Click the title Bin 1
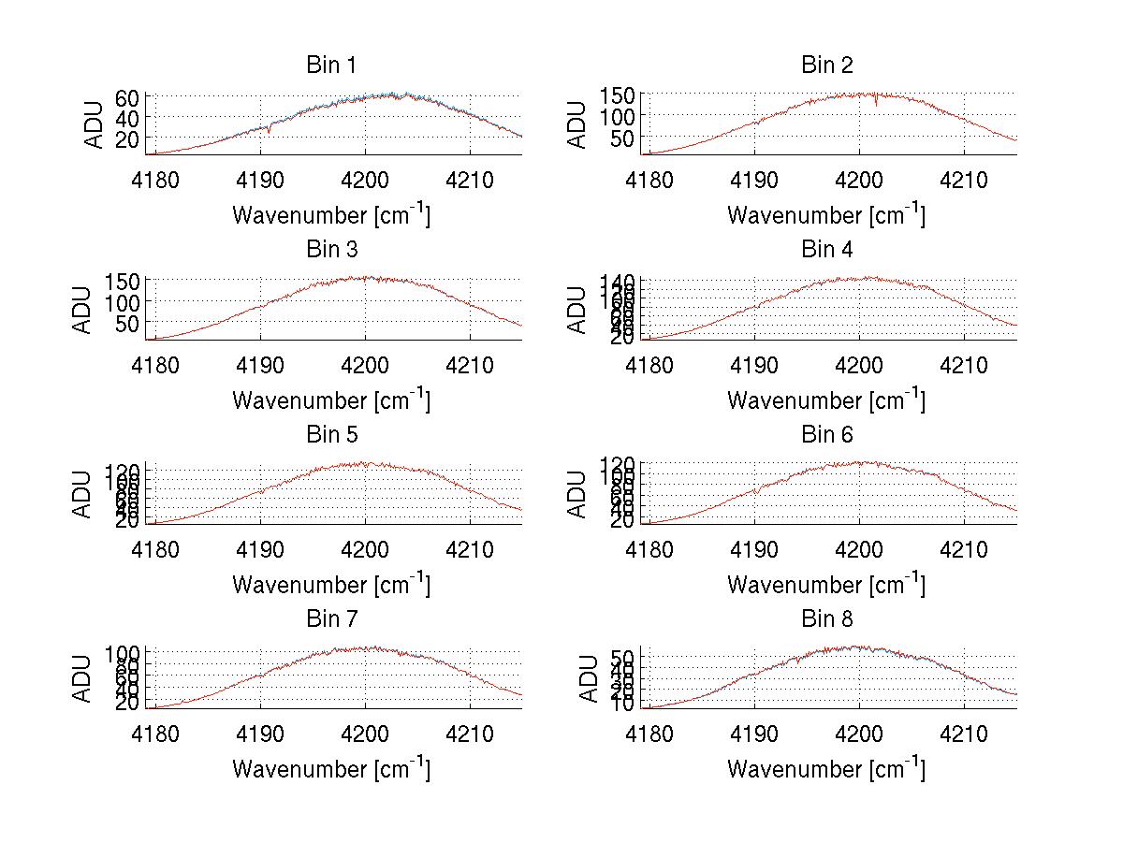[x=331, y=65]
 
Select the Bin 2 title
[x=826, y=65]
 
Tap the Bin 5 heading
[x=331, y=435]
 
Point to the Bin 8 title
[x=826, y=619]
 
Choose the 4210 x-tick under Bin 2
[x=964, y=180]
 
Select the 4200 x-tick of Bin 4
[x=859, y=364]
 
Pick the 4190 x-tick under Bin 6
[x=754, y=549]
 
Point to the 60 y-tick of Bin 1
[x=127, y=97]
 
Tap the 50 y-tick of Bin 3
[x=127, y=323]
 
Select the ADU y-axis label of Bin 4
[x=578, y=309]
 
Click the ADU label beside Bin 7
[x=83, y=678]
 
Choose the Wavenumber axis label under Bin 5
[x=331, y=585]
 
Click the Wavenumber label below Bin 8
[x=826, y=769]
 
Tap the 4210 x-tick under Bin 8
[x=964, y=734]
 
